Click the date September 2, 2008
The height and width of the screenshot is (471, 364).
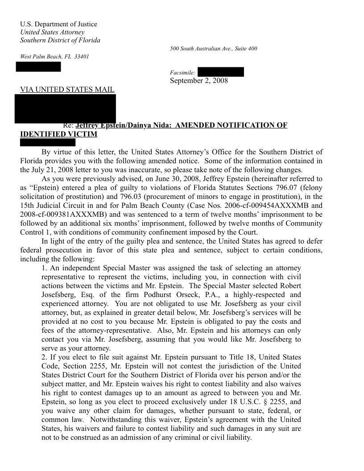tap(199, 81)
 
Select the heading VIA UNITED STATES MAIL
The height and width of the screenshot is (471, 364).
tap(67, 90)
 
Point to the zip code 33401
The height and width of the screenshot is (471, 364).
tap(82, 57)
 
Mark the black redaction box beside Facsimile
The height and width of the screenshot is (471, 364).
tap(220, 72)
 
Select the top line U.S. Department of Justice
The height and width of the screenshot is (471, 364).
tap(58, 24)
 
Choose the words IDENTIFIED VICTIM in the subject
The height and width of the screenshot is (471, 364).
tap(58, 134)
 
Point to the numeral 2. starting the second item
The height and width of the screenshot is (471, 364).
tap(44, 357)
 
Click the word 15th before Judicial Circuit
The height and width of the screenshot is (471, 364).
tap(28, 206)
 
